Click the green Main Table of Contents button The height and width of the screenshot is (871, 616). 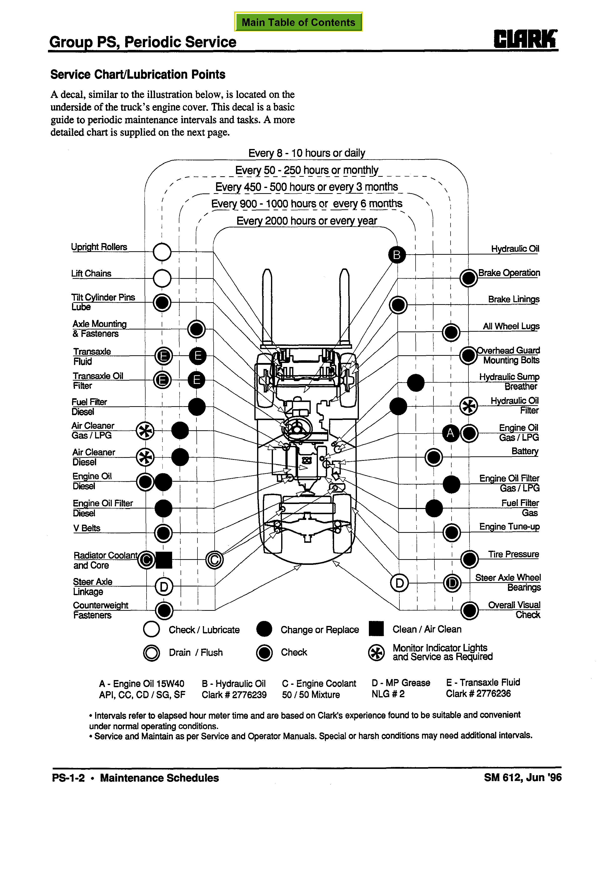click(x=298, y=22)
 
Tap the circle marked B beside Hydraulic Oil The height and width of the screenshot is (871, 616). click(x=397, y=254)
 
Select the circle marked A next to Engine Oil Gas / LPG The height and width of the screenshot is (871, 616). click(x=451, y=433)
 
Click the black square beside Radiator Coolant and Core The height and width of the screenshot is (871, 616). click(x=164, y=560)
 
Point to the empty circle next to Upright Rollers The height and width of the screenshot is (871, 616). click(x=162, y=252)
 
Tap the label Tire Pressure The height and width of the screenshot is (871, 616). click(x=513, y=554)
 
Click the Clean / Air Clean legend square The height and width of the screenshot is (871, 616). click(x=376, y=629)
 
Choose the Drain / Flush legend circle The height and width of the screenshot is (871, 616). click(x=152, y=653)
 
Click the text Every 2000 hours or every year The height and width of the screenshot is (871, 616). click(x=307, y=221)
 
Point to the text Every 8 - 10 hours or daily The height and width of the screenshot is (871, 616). click(x=307, y=153)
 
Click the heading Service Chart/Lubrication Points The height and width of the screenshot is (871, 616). click(x=138, y=74)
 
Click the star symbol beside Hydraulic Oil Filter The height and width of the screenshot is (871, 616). click(x=469, y=406)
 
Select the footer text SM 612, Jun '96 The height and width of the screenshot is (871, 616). click(x=522, y=777)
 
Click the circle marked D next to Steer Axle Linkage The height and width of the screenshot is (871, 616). click(x=164, y=587)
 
